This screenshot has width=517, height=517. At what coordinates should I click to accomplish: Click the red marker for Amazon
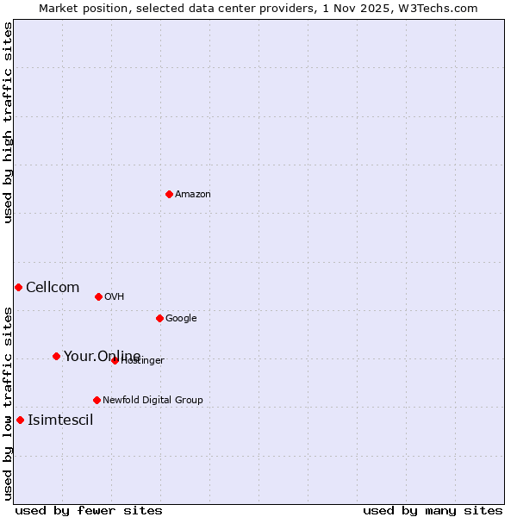169,194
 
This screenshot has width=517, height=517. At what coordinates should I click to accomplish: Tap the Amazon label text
193,195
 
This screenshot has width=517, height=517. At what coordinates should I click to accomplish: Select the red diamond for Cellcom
18,287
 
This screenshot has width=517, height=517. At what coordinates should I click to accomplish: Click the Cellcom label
53,288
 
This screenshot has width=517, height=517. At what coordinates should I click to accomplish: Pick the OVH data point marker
98,296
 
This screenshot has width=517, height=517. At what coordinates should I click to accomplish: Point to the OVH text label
115,297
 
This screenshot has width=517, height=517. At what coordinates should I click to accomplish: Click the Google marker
159,318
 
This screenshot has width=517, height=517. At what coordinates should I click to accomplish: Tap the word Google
181,319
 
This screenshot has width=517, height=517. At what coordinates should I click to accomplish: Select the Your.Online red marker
56,356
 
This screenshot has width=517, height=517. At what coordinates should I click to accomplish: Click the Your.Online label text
102,357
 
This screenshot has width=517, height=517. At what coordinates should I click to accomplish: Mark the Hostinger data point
115,360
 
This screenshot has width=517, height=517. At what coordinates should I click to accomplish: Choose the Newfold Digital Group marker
97,400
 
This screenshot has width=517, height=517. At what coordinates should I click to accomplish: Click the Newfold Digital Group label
153,400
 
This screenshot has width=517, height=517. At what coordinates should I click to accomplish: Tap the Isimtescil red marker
20,420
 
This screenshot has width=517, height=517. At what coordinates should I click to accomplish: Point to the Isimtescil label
60,420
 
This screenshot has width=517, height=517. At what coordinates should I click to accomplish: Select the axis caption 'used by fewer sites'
89,511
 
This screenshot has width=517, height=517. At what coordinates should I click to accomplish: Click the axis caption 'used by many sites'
433,511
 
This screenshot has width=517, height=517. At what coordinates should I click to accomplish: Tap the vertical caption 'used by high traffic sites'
8,122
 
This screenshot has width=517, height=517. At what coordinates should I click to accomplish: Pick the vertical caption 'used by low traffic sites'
8,402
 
